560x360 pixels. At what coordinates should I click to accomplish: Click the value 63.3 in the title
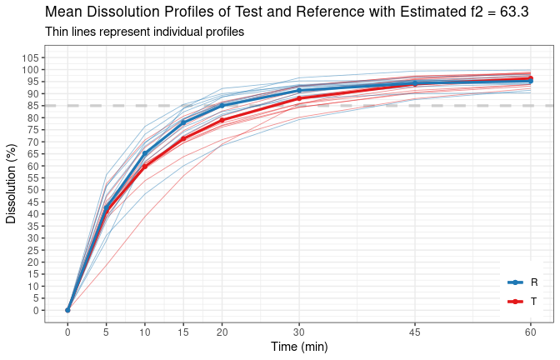click(x=514, y=12)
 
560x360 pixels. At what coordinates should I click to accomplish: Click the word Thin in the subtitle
click(x=57, y=32)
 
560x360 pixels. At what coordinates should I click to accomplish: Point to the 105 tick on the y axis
click(x=30, y=57)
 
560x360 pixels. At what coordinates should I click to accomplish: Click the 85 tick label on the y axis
click(x=33, y=106)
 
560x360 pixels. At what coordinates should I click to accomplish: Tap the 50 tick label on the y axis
click(x=33, y=190)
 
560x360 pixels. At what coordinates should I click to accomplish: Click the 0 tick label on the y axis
click(x=36, y=310)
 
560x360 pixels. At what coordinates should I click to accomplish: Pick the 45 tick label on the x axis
click(x=414, y=332)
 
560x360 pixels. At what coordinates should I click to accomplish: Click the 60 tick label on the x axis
click(x=530, y=332)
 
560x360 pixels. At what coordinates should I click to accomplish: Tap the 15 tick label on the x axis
click(x=183, y=332)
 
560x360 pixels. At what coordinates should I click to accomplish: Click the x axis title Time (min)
click(x=298, y=347)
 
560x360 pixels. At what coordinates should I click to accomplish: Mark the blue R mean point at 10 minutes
click(x=145, y=153)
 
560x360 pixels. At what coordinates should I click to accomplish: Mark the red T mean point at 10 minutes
click(x=145, y=166)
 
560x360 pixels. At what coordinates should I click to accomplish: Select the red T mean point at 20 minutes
click(x=222, y=120)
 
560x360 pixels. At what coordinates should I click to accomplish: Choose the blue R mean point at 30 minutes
click(x=299, y=91)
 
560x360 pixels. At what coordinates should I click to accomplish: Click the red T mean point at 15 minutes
click(x=183, y=138)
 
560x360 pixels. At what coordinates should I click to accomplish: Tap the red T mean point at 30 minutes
click(x=299, y=98)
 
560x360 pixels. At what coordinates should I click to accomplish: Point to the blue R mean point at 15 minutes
click(x=183, y=122)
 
